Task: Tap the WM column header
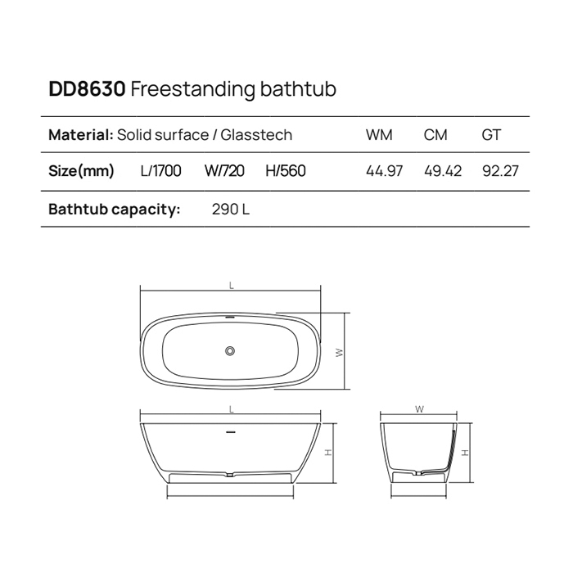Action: [x=379, y=135]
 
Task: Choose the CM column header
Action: [x=435, y=135]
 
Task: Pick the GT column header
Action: [x=491, y=135]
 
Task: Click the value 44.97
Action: [x=384, y=172]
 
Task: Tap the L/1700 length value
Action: [x=161, y=172]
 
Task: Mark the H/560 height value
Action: [x=286, y=172]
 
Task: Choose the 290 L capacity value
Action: [x=230, y=210]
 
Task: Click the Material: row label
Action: [x=80, y=135]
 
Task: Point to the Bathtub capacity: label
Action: [x=114, y=210]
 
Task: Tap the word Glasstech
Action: [x=257, y=135]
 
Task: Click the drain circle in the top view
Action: [x=230, y=351]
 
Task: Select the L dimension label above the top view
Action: [x=232, y=286]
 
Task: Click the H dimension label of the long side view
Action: [x=327, y=452]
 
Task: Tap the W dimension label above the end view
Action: [x=418, y=408]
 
